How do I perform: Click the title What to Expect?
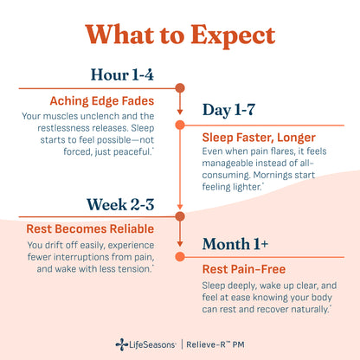click(x=180, y=35)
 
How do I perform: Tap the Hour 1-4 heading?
click(x=122, y=74)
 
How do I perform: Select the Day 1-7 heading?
click(x=228, y=110)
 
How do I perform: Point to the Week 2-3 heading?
click(x=120, y=204)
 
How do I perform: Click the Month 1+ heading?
click(x=235, y=244)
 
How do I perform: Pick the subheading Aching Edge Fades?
click(x=102, y=101)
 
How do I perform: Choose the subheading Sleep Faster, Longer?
click(x=259, y=138)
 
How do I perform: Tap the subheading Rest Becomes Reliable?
click(x=90, y=229)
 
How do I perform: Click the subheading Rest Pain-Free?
click(x=244, y=269)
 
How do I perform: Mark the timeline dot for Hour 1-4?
click(x=180, y=88)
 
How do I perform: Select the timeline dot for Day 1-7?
click(x=180, y=125)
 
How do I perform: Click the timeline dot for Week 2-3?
click(x=180, y=216)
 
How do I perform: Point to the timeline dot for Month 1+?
click(x=180, y=256)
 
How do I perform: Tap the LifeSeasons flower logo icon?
click(x=122, y=344)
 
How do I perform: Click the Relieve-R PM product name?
click(x=215, y=344)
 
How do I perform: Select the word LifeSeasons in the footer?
click(x=152, y=344)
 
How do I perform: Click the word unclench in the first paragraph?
click(x=100, y=116)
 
